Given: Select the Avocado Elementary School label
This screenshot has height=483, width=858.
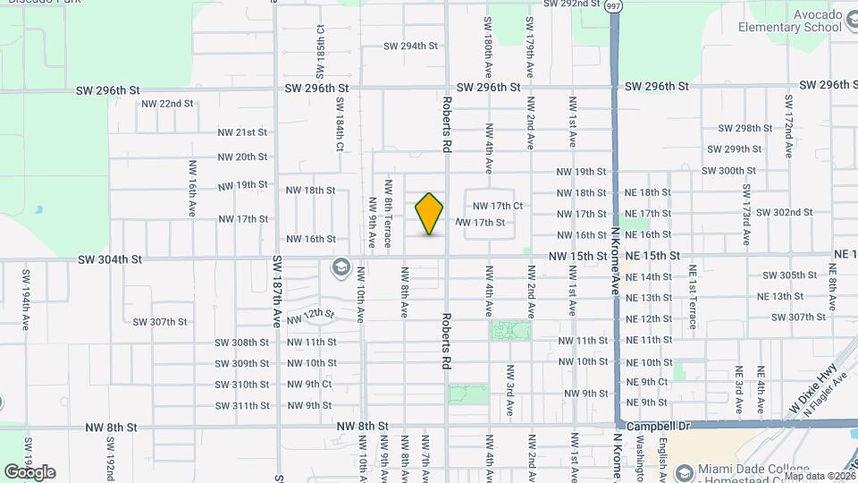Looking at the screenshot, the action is pos(790,21).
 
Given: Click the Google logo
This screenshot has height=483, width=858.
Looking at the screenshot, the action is pos(29,471).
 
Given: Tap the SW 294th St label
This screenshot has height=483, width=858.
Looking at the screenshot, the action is pos(410,46).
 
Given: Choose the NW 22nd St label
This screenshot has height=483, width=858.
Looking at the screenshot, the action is pos(167,103).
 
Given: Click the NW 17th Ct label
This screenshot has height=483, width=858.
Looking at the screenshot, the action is pos(498,206).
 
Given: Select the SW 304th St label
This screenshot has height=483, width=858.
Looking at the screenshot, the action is pos(110,259).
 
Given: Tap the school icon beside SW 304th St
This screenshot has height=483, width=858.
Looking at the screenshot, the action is pos(340,267).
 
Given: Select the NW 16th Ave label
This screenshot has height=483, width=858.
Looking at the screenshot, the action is pos(192,189).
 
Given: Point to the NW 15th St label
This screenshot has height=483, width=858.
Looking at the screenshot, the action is pos(577,256).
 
